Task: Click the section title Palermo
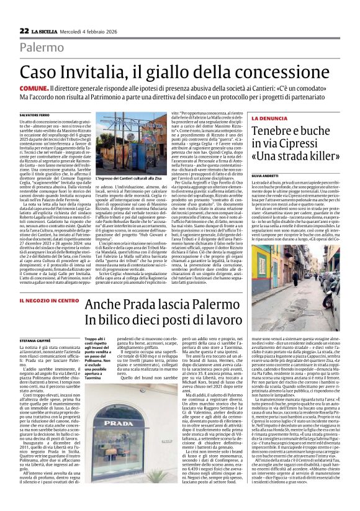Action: click(42, 47)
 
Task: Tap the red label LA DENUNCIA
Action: click(271, 117)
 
